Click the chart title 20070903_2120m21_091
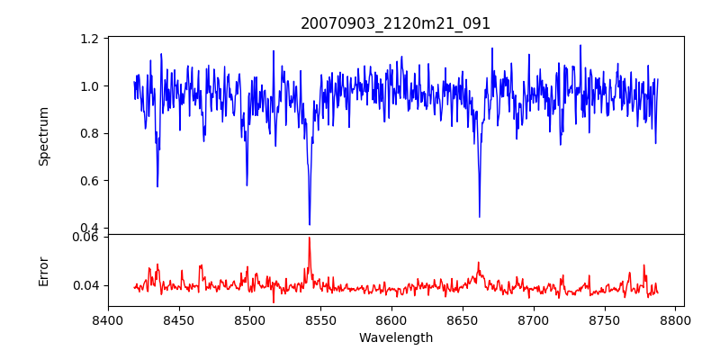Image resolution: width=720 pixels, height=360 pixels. [x=395, y=23]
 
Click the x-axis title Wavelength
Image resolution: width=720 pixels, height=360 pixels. [x=395, y=337]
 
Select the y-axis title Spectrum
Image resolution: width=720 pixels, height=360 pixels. [x=43, y=136]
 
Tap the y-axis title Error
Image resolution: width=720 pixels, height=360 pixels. [x=43, y=271]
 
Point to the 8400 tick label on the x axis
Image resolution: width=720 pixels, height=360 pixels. [x=108, y=320]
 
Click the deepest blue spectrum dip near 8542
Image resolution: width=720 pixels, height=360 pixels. [x=310, y=224]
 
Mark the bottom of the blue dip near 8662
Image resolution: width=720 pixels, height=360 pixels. [x=480, y=216]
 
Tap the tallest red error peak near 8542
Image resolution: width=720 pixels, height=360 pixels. [x=310, y=238]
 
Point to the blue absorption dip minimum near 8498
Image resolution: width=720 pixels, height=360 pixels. [x=247, y=185]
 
